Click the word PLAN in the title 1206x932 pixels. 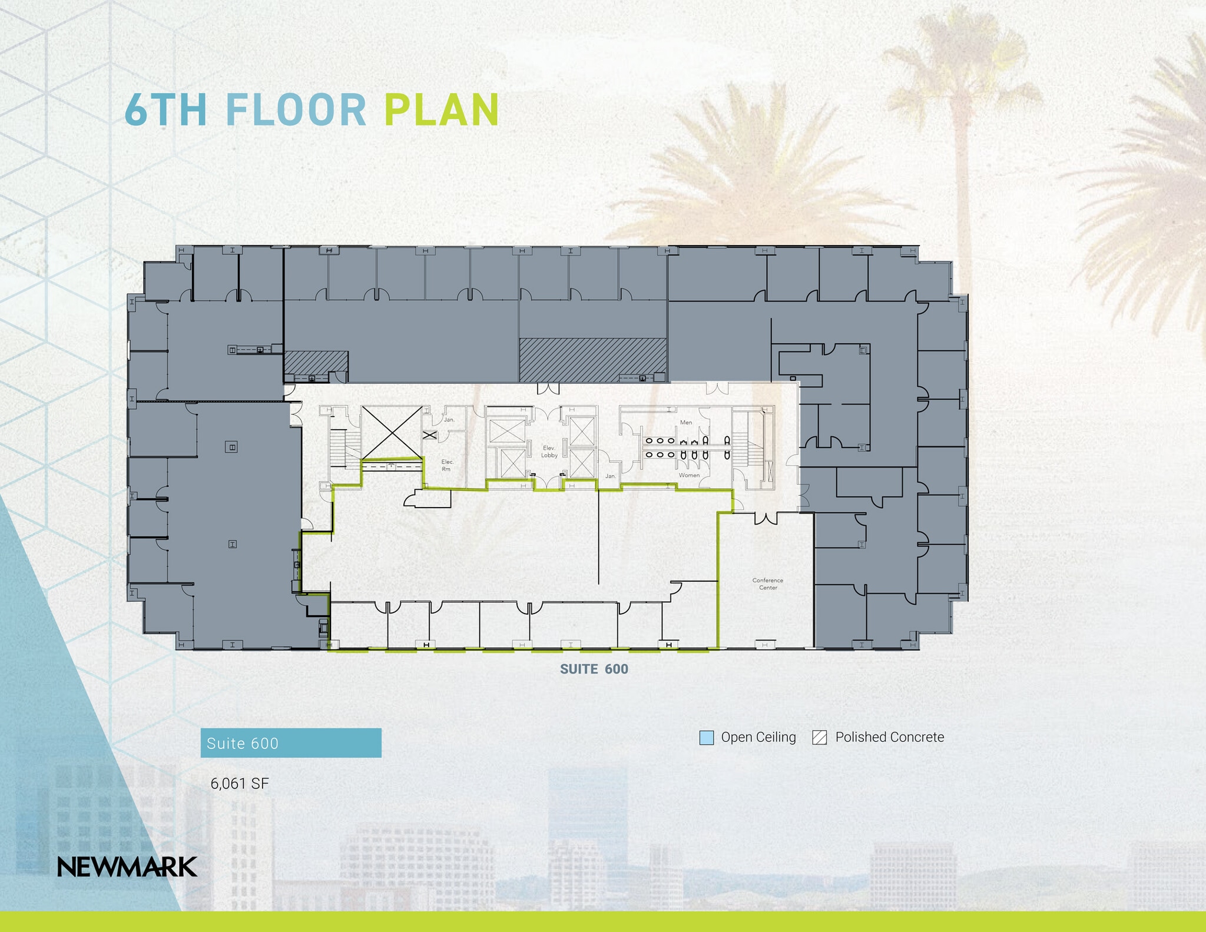[x=442, y=110]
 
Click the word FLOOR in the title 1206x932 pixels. [x=296, y=110]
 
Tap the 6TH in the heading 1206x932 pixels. [x=165, y=110]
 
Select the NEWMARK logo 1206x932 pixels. [x=127, y=867]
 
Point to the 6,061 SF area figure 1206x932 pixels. [x=240, y=784]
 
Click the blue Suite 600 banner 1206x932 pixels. [x=291, y=743]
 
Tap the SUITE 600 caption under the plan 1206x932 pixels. [x=594, y=669]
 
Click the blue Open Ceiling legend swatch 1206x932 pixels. [x=706, y=737]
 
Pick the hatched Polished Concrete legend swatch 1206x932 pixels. [x=819, y=737]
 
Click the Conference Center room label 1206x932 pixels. [x=768, y=583]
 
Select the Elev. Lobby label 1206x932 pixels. [x=549, y=452]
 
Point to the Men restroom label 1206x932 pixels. [x=686, y=422]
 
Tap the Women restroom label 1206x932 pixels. [x=689, y=475]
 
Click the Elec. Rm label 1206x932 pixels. [x=447, y=465]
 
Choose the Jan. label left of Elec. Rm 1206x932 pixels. [x=449, y=420]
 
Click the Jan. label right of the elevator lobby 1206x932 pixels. [x=611, y=476]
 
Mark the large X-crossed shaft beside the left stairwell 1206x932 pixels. [x=392, y=432]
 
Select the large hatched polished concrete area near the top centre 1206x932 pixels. [x=592, y=359]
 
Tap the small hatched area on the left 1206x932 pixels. [x=316, y=362]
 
